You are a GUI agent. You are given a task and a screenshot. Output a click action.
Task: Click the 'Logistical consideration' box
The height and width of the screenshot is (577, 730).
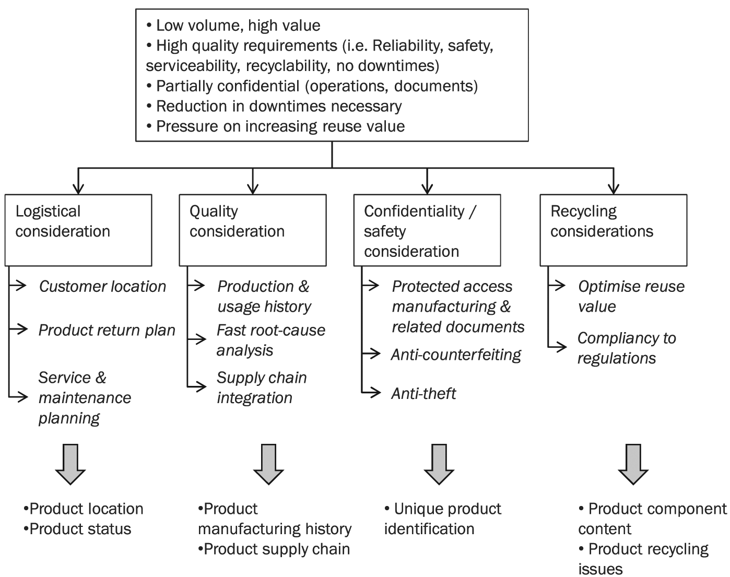(78, 230)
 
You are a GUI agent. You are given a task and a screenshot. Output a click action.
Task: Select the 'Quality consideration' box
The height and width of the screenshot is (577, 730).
(253, 230)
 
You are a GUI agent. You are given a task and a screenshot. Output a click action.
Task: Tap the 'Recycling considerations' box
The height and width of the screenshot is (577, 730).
(614, 230)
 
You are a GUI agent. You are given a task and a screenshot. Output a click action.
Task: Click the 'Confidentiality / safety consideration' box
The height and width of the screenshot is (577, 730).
(427, 230)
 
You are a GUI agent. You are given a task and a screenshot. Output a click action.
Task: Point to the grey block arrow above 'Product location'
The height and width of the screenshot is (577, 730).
(70, 464)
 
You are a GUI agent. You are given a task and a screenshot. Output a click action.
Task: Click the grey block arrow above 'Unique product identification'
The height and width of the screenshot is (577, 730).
(439, 464)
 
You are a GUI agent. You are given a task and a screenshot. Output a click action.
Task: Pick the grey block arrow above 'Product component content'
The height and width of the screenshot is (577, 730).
(633, 464)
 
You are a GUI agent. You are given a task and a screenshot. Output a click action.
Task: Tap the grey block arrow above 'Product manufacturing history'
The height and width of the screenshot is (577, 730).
(269, 464)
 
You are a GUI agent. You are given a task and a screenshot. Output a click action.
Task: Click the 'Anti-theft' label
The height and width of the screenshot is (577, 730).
(423, 394)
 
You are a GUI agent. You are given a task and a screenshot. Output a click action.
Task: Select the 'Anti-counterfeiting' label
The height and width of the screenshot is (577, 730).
(456, 355)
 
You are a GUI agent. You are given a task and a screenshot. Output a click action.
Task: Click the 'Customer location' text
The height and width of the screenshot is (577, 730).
(102, 286)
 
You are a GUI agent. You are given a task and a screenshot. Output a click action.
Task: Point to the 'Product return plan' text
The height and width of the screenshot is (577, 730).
(107, 330)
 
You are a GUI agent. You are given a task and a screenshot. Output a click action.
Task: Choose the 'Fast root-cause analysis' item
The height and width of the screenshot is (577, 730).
(270, 340)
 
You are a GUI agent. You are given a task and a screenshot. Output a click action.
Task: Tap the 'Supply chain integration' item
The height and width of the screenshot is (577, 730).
(262, 387)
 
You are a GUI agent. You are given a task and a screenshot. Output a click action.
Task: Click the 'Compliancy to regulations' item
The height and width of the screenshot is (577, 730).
(627, 348)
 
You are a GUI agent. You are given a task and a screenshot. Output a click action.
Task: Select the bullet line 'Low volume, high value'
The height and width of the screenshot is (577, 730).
(233, 26)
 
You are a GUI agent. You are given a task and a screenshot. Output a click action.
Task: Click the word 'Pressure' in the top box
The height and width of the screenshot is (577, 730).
(186, 126)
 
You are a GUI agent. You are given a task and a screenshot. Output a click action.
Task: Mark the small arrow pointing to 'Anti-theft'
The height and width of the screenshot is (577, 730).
(371, 393)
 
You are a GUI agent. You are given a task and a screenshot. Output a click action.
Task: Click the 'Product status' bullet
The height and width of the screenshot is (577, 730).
(77, 529)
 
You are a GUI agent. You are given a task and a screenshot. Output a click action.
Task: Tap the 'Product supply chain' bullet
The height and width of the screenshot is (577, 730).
(274, 549)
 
